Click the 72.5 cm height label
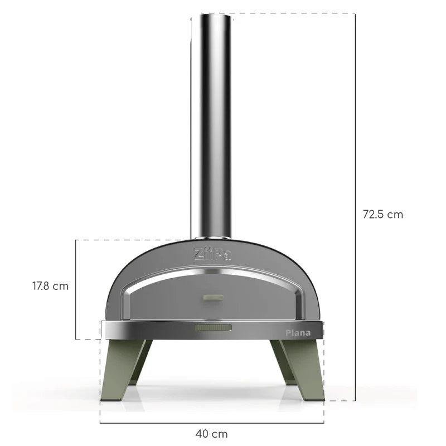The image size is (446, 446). click(382, 214)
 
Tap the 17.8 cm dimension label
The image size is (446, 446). click(50, 286)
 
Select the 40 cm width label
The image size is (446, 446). click(211, 433)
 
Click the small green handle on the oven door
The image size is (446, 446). click(212, 298)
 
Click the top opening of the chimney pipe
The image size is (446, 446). click(211, 17)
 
